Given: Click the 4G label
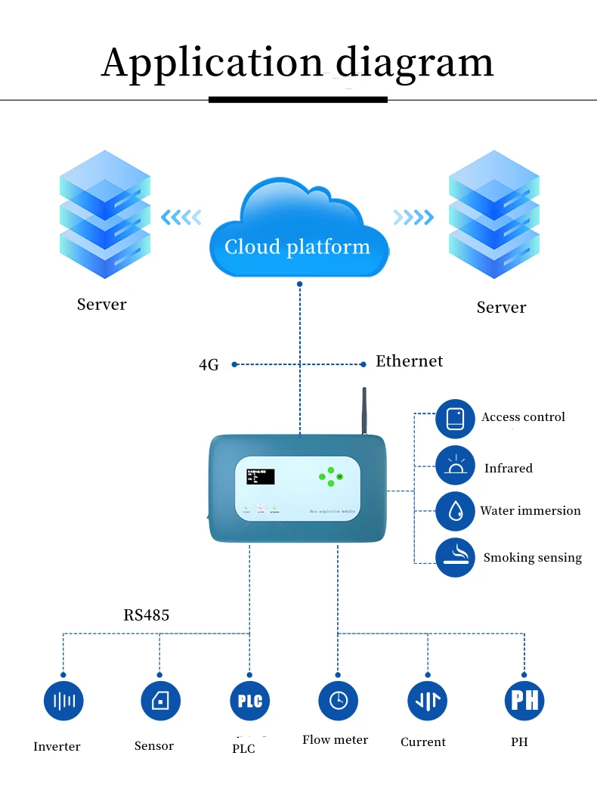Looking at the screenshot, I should tap(209, 365).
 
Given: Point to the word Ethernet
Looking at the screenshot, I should tap(409, 361).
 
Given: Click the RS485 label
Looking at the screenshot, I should tap(147, 615).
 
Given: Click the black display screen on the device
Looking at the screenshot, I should tap(259, 477).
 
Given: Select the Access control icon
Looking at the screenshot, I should tap(455, 419).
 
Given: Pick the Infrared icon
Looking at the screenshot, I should tap(455, 465).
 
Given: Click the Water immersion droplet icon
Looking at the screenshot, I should tap(455, 511).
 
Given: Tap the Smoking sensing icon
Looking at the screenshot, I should tap(455, 558).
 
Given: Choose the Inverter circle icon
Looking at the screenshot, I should tap(63, 701).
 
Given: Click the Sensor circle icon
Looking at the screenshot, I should tap(160, 701).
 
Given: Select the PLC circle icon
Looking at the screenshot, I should tap(250, 701).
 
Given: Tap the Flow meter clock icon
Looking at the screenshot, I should tap(338, 701).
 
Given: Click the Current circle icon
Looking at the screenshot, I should tap(427, 701).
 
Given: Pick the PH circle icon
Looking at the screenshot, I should tap(524, 701).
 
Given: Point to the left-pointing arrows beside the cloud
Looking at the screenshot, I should tap(181, 218).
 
